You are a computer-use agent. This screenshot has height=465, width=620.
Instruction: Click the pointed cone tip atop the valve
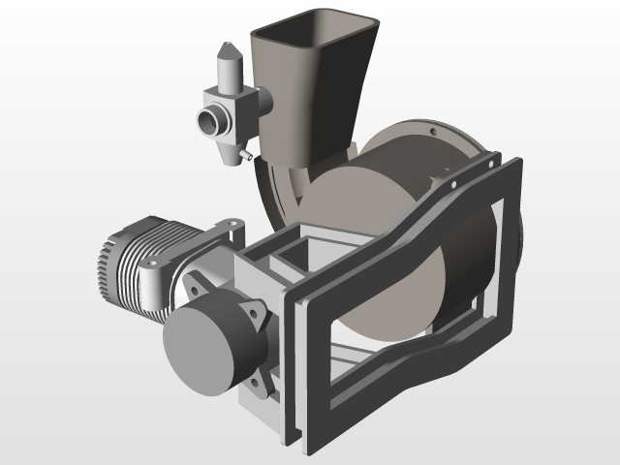point(226,46)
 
